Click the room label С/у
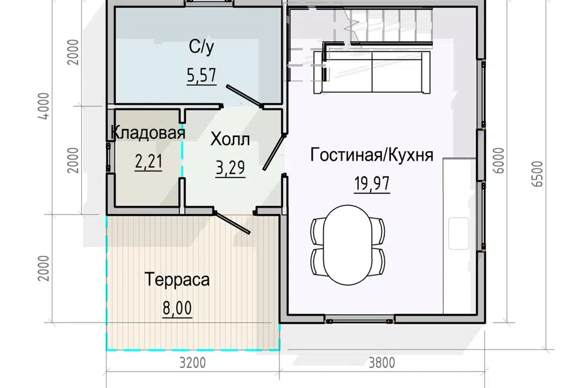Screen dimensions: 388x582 pos(198,46)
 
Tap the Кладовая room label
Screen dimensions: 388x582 pos(148,133)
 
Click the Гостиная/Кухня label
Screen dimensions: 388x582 pos(372,155)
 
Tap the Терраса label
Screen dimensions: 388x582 pos(177,280)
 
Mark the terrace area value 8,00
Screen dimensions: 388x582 pos(177,308)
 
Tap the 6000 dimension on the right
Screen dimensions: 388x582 pos(500,161)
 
